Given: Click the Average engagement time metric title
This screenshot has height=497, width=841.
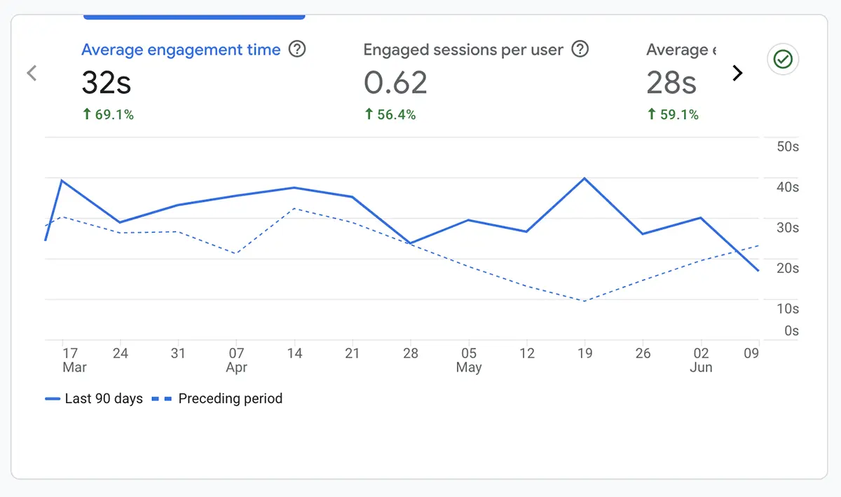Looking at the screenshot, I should pos(181,50).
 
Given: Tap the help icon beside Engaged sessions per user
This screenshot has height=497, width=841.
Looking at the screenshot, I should pos(580,50).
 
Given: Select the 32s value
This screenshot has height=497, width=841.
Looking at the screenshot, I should pos(107,83).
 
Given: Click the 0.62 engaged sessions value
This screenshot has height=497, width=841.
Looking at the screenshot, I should pos(395,83).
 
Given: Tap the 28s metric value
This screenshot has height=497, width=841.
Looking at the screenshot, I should pos(671,83).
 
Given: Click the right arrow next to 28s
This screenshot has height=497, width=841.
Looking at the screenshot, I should pos(737,73).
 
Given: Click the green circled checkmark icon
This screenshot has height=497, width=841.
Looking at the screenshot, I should pos(783,60).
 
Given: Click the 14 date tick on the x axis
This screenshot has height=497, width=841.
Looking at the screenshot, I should pos(295,353).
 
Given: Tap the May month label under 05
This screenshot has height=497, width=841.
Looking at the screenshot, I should pos(469,367).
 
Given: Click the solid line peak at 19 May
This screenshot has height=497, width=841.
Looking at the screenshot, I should pos(584,178).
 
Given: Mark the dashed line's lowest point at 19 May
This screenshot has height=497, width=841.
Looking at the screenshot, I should pos(584,301).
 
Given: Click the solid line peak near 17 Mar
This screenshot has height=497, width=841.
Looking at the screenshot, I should pos(62,180).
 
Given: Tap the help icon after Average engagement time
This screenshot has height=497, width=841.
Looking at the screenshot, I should pos(297,50).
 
